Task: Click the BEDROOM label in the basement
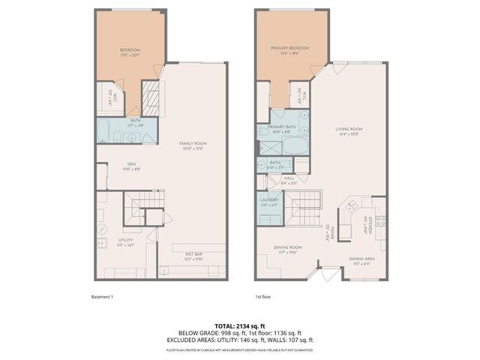(130, 50)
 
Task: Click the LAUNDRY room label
(269, 200)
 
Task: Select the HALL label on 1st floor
(289, 178)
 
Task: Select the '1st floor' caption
(262, 297)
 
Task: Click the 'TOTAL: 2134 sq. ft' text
(239, 325)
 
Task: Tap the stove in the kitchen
(380, 222)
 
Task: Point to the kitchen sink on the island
(349, 207)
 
